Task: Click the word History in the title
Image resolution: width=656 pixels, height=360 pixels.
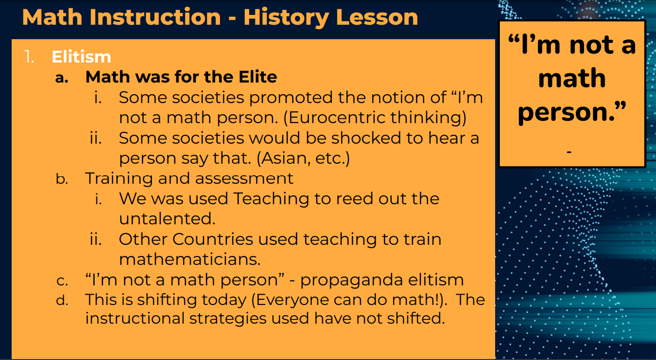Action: (286, 18)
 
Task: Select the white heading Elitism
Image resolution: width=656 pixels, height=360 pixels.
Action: (82, 56)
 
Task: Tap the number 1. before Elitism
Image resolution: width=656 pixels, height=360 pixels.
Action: (29, 56)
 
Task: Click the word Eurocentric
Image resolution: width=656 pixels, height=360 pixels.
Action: (333, 118)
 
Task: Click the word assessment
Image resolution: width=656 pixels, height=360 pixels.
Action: (244, 179)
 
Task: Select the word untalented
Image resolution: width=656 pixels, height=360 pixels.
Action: (167, 219)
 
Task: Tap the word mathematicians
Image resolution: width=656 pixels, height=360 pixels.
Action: (190, 259)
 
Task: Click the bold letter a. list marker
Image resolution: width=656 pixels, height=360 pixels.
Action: (62, 77)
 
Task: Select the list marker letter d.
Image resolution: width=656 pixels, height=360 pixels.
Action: (62, 300)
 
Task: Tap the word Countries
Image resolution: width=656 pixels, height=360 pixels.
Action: (213, 239)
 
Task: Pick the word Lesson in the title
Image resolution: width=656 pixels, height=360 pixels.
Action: (377, 17)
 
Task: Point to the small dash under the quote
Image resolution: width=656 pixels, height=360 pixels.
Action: (569, 152)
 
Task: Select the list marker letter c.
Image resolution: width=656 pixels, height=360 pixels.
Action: (62, 281)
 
